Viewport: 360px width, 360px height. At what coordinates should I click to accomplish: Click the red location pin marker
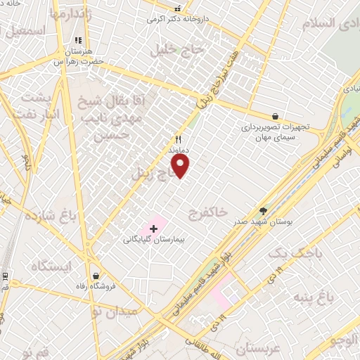coord(181,166)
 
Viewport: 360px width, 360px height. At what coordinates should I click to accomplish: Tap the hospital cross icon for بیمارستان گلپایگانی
coord(153,229)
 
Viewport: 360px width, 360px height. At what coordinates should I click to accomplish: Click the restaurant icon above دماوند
coord(178,139)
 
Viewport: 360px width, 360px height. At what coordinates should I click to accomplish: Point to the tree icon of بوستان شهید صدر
coord(264,210)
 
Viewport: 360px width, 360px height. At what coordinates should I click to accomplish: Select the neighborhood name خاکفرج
coord(209,210)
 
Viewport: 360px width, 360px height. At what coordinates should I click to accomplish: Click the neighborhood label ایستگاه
coord(52,265)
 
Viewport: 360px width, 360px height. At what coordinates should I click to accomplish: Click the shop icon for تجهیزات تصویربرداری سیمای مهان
coord(274,116)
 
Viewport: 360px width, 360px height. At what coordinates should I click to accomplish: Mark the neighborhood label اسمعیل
coord(25,31)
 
